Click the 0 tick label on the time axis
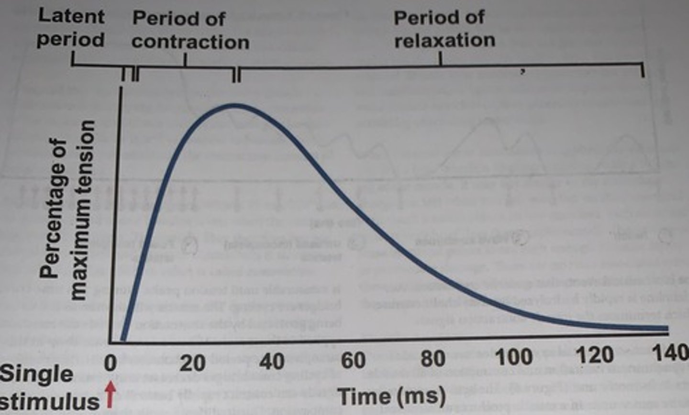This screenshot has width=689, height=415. click(111, 363)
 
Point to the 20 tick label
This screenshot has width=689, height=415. click(192, 363)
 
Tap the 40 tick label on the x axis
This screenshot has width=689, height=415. click(272, 361)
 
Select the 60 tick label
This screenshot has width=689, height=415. click(353, 360)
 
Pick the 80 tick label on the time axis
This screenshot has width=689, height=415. click(433, 358)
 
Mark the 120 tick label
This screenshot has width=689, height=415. click(595, 355)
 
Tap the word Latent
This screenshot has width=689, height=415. click(71, 16)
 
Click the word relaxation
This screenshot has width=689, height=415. click(445, 40)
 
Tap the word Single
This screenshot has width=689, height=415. click(36, 374)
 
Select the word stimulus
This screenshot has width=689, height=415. click(50, 401)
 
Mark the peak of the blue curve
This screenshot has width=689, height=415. click(234, 105)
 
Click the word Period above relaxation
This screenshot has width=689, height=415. click(439, 18)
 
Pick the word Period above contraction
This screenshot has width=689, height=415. click(178, 19)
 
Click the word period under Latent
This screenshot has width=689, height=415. click(71, 39)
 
